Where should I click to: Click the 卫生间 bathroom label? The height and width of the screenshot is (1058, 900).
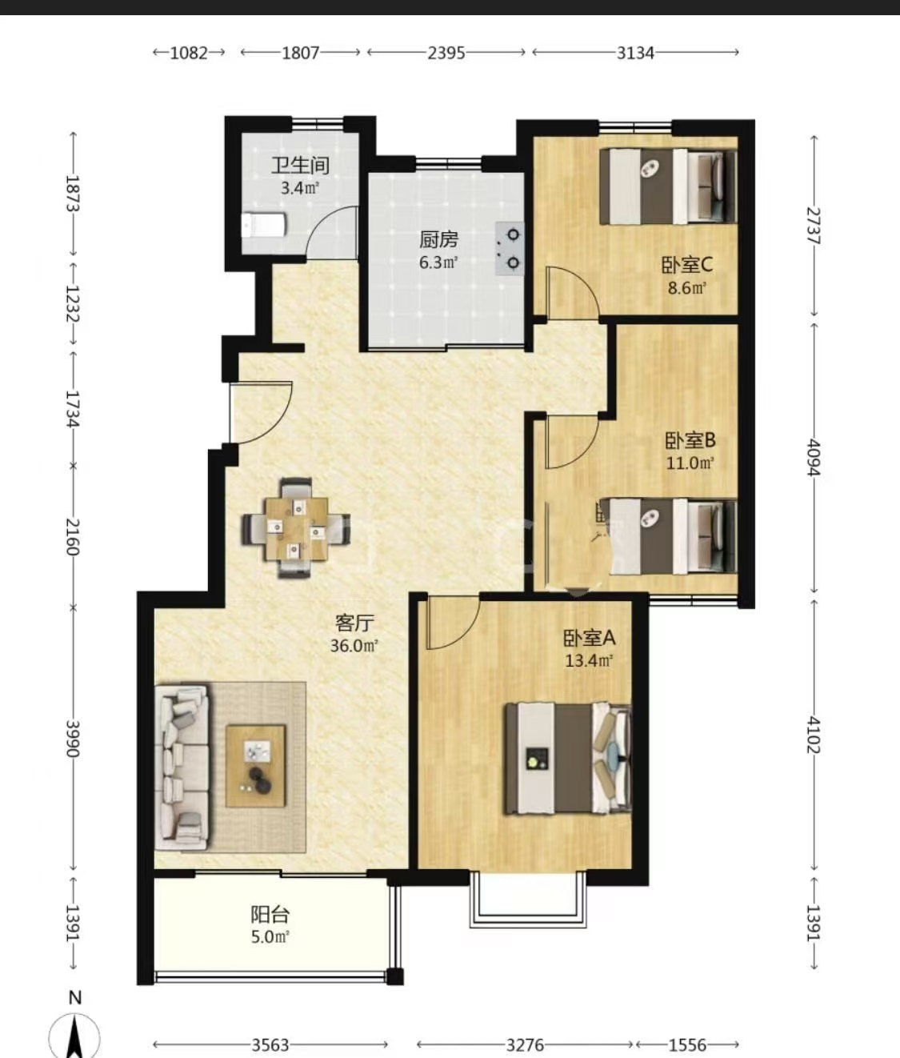pos(300,166)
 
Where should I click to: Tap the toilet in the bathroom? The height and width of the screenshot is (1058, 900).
pos(263,225)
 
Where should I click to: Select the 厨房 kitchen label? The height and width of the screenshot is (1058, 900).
pos(438,239)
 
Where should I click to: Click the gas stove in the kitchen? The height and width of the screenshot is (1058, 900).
pos(510,249)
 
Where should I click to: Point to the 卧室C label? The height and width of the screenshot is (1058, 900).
pos(687,265)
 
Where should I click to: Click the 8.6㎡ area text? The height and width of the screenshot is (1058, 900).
pos(686,288)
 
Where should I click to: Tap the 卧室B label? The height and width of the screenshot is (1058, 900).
pos(690,440)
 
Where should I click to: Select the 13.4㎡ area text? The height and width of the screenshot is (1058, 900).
pos(589,661)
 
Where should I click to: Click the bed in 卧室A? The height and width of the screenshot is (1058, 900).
pos(568,759)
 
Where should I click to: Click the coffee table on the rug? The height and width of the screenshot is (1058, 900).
pos(256,766)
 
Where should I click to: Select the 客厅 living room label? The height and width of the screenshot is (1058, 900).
pos(354,623)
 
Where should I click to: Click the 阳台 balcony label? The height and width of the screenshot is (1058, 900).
pos(270,914)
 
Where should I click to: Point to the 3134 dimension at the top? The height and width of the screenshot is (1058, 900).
pos(635,53)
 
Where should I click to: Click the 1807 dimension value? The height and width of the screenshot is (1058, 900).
pos(300,53)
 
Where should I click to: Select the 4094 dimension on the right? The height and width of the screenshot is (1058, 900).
pos(814,458)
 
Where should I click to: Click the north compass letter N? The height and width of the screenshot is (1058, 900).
pos(75,998)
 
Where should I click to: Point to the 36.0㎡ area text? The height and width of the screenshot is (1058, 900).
pos(354,646)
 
